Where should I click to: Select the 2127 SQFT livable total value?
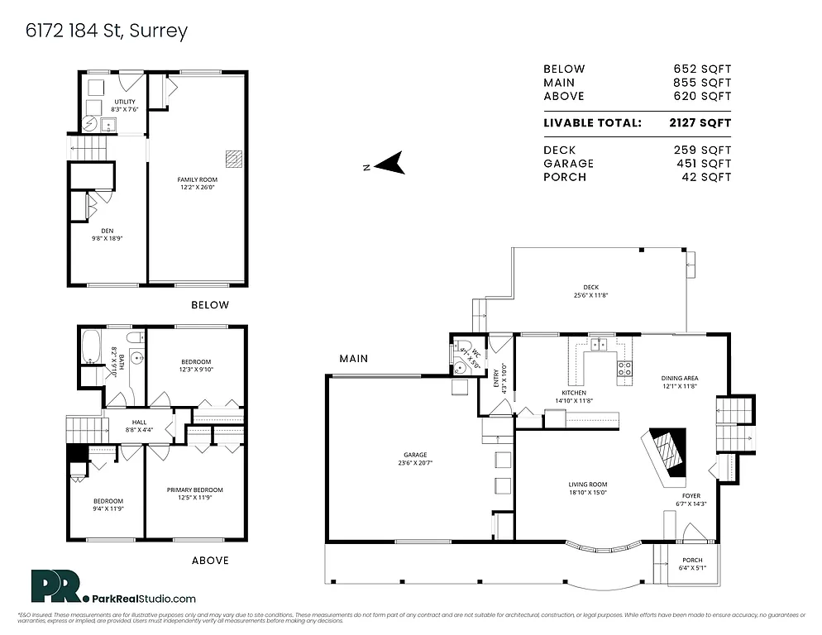tap(701, 123)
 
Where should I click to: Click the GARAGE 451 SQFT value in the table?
tap(702, 164)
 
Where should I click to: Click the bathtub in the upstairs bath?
tap(89, 346)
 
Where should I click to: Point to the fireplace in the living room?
tap(667, 457)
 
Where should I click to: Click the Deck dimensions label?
tap(590, 291)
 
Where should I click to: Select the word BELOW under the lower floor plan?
tap(210, 305)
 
